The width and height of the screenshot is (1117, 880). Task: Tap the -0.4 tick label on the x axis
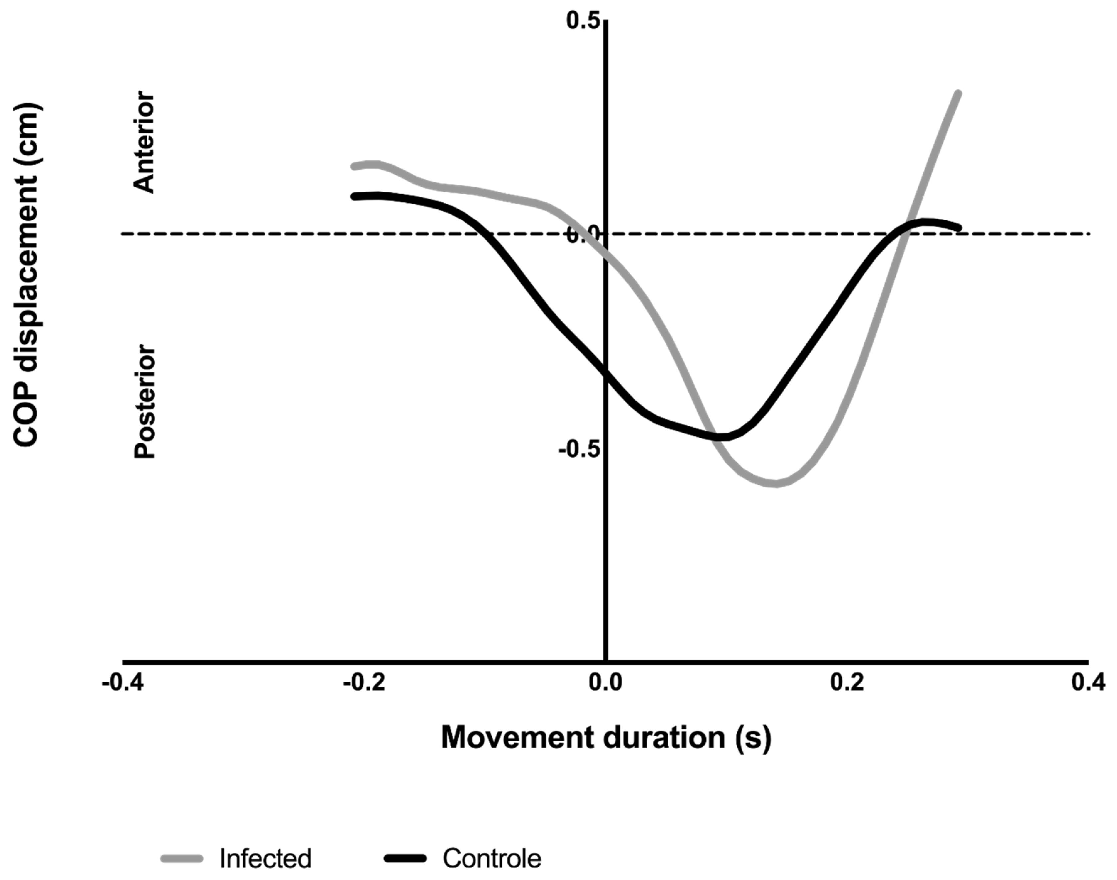pos(124,683)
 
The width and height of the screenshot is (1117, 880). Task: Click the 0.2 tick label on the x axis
pos(847,683)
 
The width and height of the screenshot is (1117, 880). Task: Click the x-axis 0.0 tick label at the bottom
pos(606,683)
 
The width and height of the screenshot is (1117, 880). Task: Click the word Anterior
pos(144,143)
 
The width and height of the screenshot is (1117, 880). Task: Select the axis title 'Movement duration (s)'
pos(606,738)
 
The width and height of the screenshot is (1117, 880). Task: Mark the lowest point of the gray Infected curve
pos(775,483)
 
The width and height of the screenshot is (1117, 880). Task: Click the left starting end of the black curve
pos(355,196)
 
